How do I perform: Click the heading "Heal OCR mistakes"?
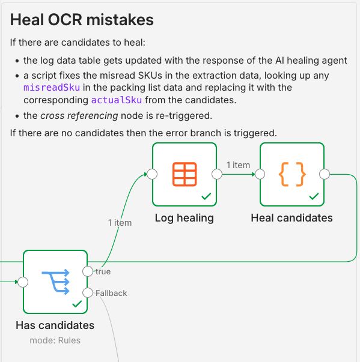click(x=82, y=20)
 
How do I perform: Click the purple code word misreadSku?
click(x=52, y=88)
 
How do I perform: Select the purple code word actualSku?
click(x=117, y=100)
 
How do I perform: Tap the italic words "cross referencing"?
click(x=79, y=116)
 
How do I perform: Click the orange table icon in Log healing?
click(x=185, y=174)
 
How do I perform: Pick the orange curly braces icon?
click(x=292, y=174)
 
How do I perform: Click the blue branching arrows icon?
click(x=56, y=282)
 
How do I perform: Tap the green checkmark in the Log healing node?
click(x=206, y=196)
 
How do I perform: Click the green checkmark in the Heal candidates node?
click(x=314, y=196)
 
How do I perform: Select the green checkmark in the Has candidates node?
click(x=77, y=304)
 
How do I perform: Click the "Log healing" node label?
click(x=185, y=218)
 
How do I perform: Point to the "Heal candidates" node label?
click(x=292, y=218)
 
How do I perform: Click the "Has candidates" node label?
click(x=55, y=325)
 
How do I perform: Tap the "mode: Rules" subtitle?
click(x=55, y=340)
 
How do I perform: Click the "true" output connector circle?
click(x=88, y=271)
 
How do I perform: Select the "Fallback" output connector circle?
click(x=88, y=293)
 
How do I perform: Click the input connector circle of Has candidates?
click(x=23, y=282)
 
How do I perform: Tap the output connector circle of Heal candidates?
click(x=325, y=174)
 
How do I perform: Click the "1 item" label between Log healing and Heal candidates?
click(x=238, y=165)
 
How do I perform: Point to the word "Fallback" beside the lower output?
click(x=111, y=293)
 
